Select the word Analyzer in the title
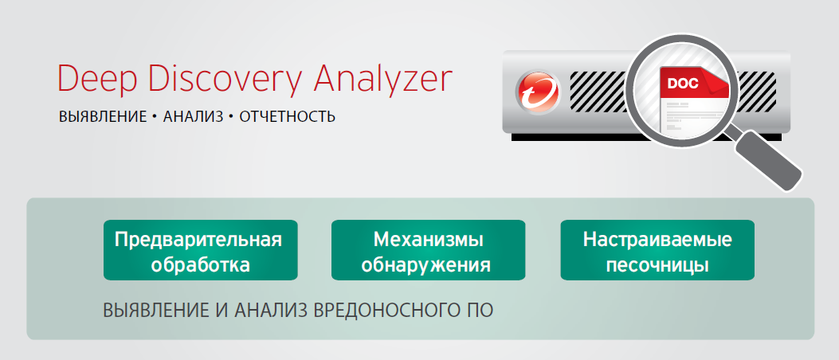(x=382, y=79)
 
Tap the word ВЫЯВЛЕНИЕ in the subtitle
(x=103, y=116)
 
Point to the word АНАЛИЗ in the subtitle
(x=193, y=116)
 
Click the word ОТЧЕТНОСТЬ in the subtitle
(x=288, y=116)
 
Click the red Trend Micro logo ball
(x=538, y=92)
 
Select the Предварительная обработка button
(x=201, y=250)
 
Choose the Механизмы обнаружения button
(x=428, y=250)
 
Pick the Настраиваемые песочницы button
(x=657, y=250)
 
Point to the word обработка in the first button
(x=201, y=264)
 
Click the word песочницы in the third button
(x=657, y=264)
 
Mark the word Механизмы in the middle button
(x=428, y=239)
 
